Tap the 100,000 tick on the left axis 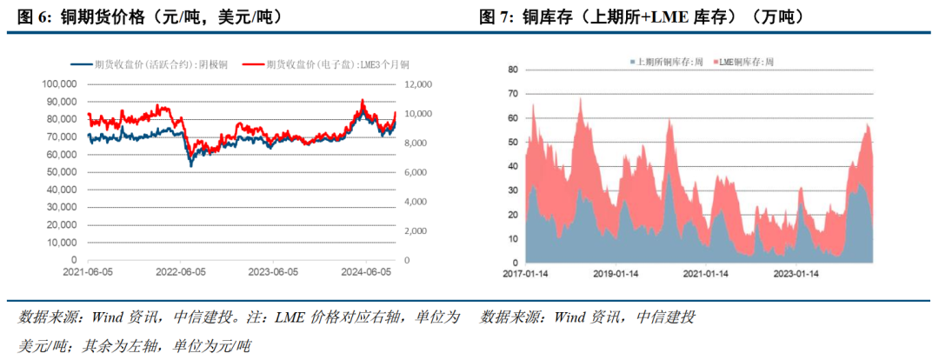coord(60,84)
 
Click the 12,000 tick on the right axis coord(419,84)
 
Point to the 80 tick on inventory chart coord(512,70)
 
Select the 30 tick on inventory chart coord(512,190)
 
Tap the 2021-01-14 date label coord(708,273)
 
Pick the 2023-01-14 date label coord(797,273)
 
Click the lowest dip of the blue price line coord(191,165)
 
